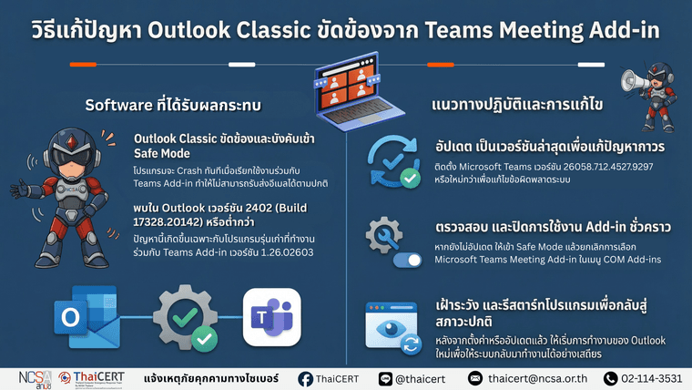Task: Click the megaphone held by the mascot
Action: (634, 80)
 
